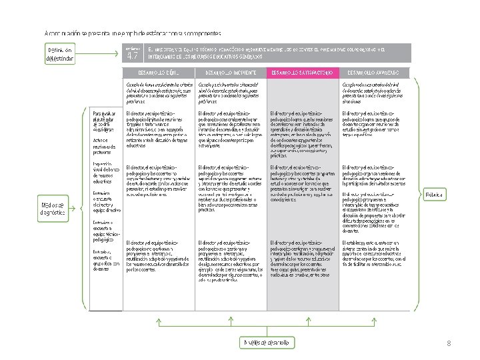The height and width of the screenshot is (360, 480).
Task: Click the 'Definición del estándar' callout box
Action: (60, 55)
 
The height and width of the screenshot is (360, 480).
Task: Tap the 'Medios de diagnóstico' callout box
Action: (52, 209)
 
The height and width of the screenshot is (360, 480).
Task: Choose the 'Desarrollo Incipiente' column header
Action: (229, 72)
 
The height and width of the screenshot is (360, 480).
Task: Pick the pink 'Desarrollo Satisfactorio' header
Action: (301, 72)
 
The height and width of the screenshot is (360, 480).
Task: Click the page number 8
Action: (449, 343)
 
